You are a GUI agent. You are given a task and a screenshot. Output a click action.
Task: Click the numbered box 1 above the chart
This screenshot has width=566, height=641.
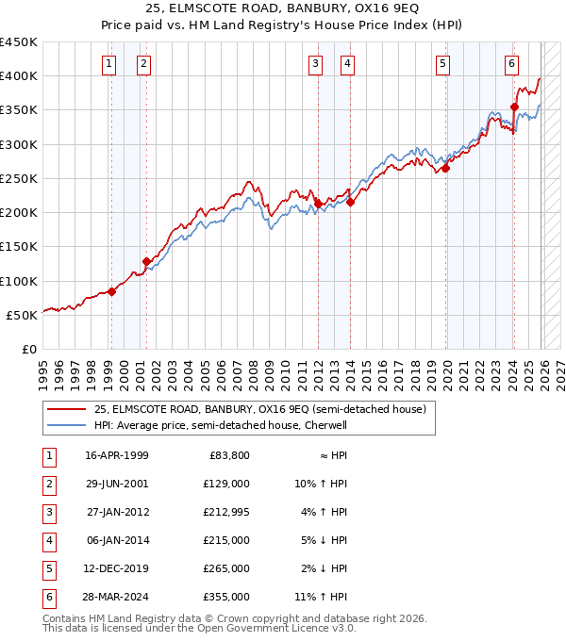click(x=109, y=64)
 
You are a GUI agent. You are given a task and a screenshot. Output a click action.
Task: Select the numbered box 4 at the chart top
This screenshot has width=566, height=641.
click(x=348, y=64)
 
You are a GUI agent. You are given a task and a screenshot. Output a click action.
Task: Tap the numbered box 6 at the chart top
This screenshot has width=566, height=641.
click(x=511, y=64)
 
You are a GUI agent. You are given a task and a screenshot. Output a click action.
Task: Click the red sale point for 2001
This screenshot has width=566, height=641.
click(x=146, y=261)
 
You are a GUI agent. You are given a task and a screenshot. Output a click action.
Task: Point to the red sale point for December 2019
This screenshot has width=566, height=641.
click(x=444, y=169)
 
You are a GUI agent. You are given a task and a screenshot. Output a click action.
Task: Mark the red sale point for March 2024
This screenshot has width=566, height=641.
click(x=514, y=107)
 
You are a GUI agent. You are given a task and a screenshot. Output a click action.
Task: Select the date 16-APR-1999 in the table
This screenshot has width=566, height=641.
click(x=116, y=455)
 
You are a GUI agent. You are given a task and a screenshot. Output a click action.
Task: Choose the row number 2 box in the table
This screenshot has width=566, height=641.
click(x=47, y=485)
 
